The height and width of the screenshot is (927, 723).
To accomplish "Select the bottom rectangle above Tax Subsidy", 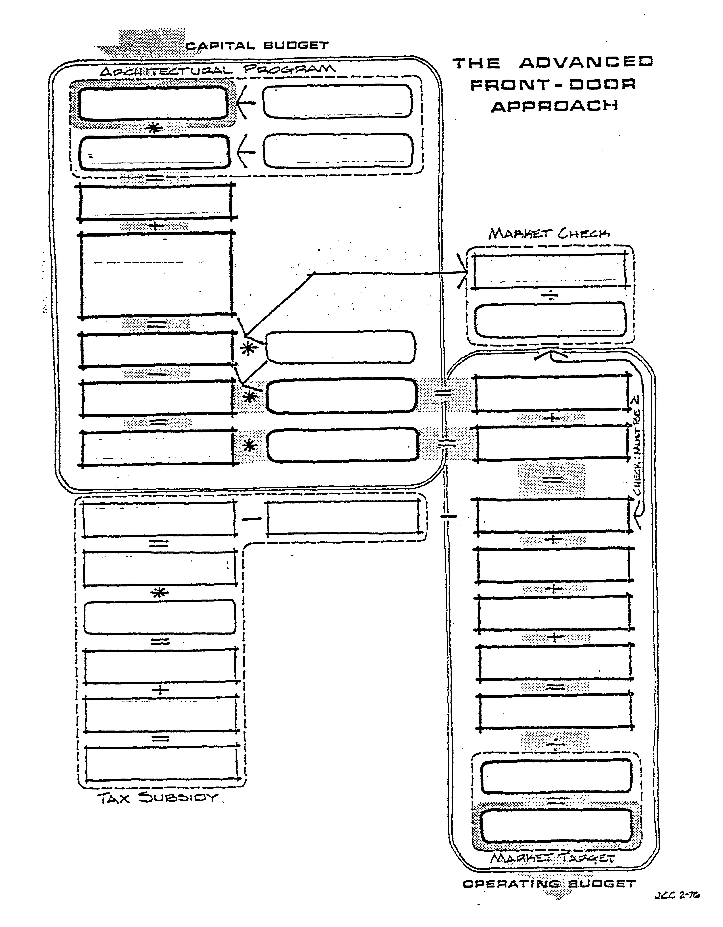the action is [161, 763].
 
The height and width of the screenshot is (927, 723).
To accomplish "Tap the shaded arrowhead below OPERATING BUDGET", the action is [560, 893].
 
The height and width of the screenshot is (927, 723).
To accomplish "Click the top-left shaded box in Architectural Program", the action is [153, 103].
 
